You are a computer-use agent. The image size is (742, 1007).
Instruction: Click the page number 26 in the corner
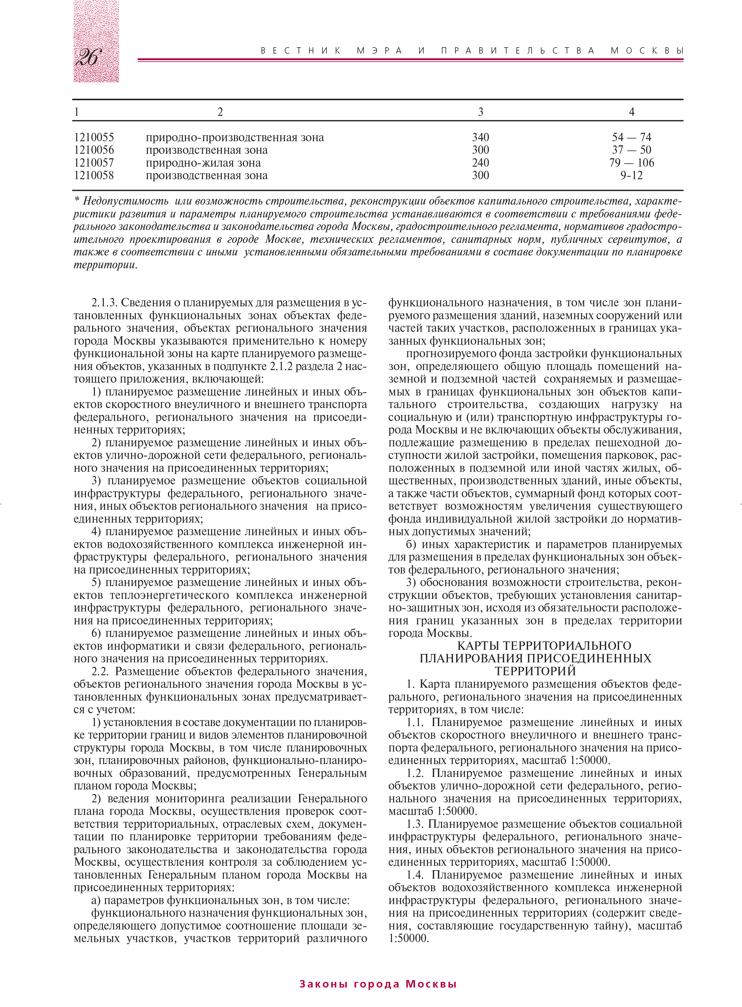[x=89, y=57]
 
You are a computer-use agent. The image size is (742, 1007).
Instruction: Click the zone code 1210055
[x=94, y=137]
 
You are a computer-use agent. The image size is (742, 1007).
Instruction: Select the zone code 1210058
[x=94, y=176]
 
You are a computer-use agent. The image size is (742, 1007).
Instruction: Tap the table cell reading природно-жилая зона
[x=203, y=163]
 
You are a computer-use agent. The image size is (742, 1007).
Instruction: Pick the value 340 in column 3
[x=480, y=137]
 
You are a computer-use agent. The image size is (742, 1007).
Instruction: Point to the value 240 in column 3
[x=480, y=163]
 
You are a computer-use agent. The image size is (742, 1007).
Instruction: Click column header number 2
[x=220, y=112]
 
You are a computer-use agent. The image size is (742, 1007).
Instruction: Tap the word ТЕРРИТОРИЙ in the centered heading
[x=535, y=672]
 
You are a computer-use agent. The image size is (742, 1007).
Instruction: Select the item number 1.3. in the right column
[x=416, y=825]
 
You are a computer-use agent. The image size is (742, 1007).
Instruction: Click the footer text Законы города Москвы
[x=378, y=984]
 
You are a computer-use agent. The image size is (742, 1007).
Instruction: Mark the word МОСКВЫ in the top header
[x=647, y=51]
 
